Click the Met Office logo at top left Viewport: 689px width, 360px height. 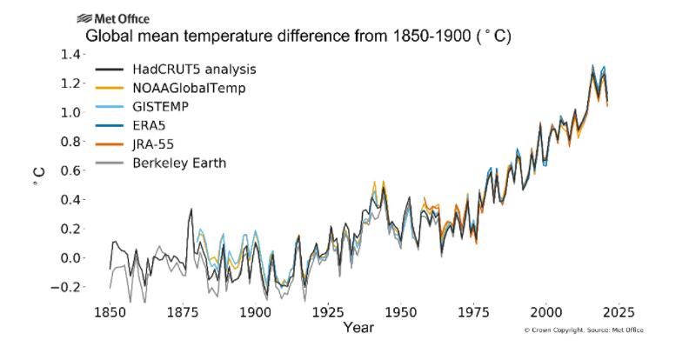[x=112, y=18]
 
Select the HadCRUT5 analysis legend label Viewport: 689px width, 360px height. [x=194, y=69]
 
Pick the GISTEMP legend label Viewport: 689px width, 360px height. [x=163, y=107]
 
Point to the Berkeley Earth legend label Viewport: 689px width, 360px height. [x=179, y=163]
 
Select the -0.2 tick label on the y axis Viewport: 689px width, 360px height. [x=69, y=287]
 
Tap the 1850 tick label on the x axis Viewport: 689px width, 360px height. [x=110, y=311]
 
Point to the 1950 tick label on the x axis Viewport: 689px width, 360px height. [x=400, y=311]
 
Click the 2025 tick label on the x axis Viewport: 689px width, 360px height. [x=619, y=311]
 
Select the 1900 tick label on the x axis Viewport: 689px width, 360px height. [x=255, y=311]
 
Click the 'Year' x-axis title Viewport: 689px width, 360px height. [x=358, y=328]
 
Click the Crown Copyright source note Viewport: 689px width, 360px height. [x=583, y=330]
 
